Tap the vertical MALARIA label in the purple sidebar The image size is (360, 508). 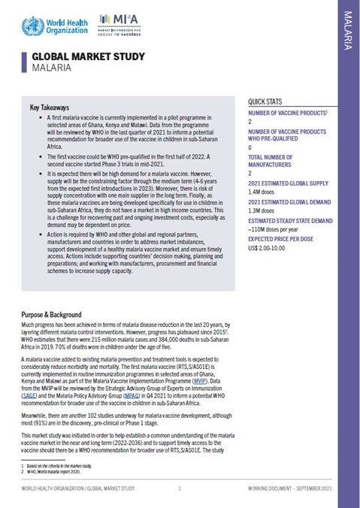click(x=347, y=31)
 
